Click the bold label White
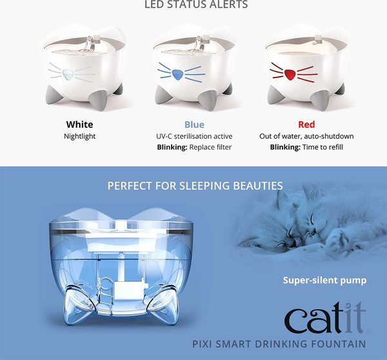click(79, 124)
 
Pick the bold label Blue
click(194, 124)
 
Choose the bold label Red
click(306, 124)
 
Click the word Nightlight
click(79, 136)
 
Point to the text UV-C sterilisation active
click(194, 136)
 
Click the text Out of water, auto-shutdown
click(306, 136)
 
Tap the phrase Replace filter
click(212, 147)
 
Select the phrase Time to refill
click(324, 147)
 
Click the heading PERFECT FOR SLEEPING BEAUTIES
click(195, 186)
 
